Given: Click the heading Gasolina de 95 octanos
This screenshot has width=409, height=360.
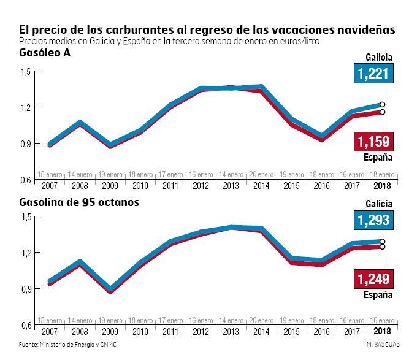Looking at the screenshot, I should [x=78, y=201].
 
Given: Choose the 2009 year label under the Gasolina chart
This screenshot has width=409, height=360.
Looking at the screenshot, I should [x=110, y=331].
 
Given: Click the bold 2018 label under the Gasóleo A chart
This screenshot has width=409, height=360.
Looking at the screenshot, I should [x=382, y=186].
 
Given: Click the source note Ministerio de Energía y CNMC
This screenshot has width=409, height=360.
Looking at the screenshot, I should [x=67, y=345].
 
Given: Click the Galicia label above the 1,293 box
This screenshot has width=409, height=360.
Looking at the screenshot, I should [x=378, y=203].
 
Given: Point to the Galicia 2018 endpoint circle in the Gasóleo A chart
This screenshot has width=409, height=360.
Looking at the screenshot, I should [x=382, y=104].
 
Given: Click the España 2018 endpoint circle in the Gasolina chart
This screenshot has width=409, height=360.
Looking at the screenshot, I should [x=382, y=247].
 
